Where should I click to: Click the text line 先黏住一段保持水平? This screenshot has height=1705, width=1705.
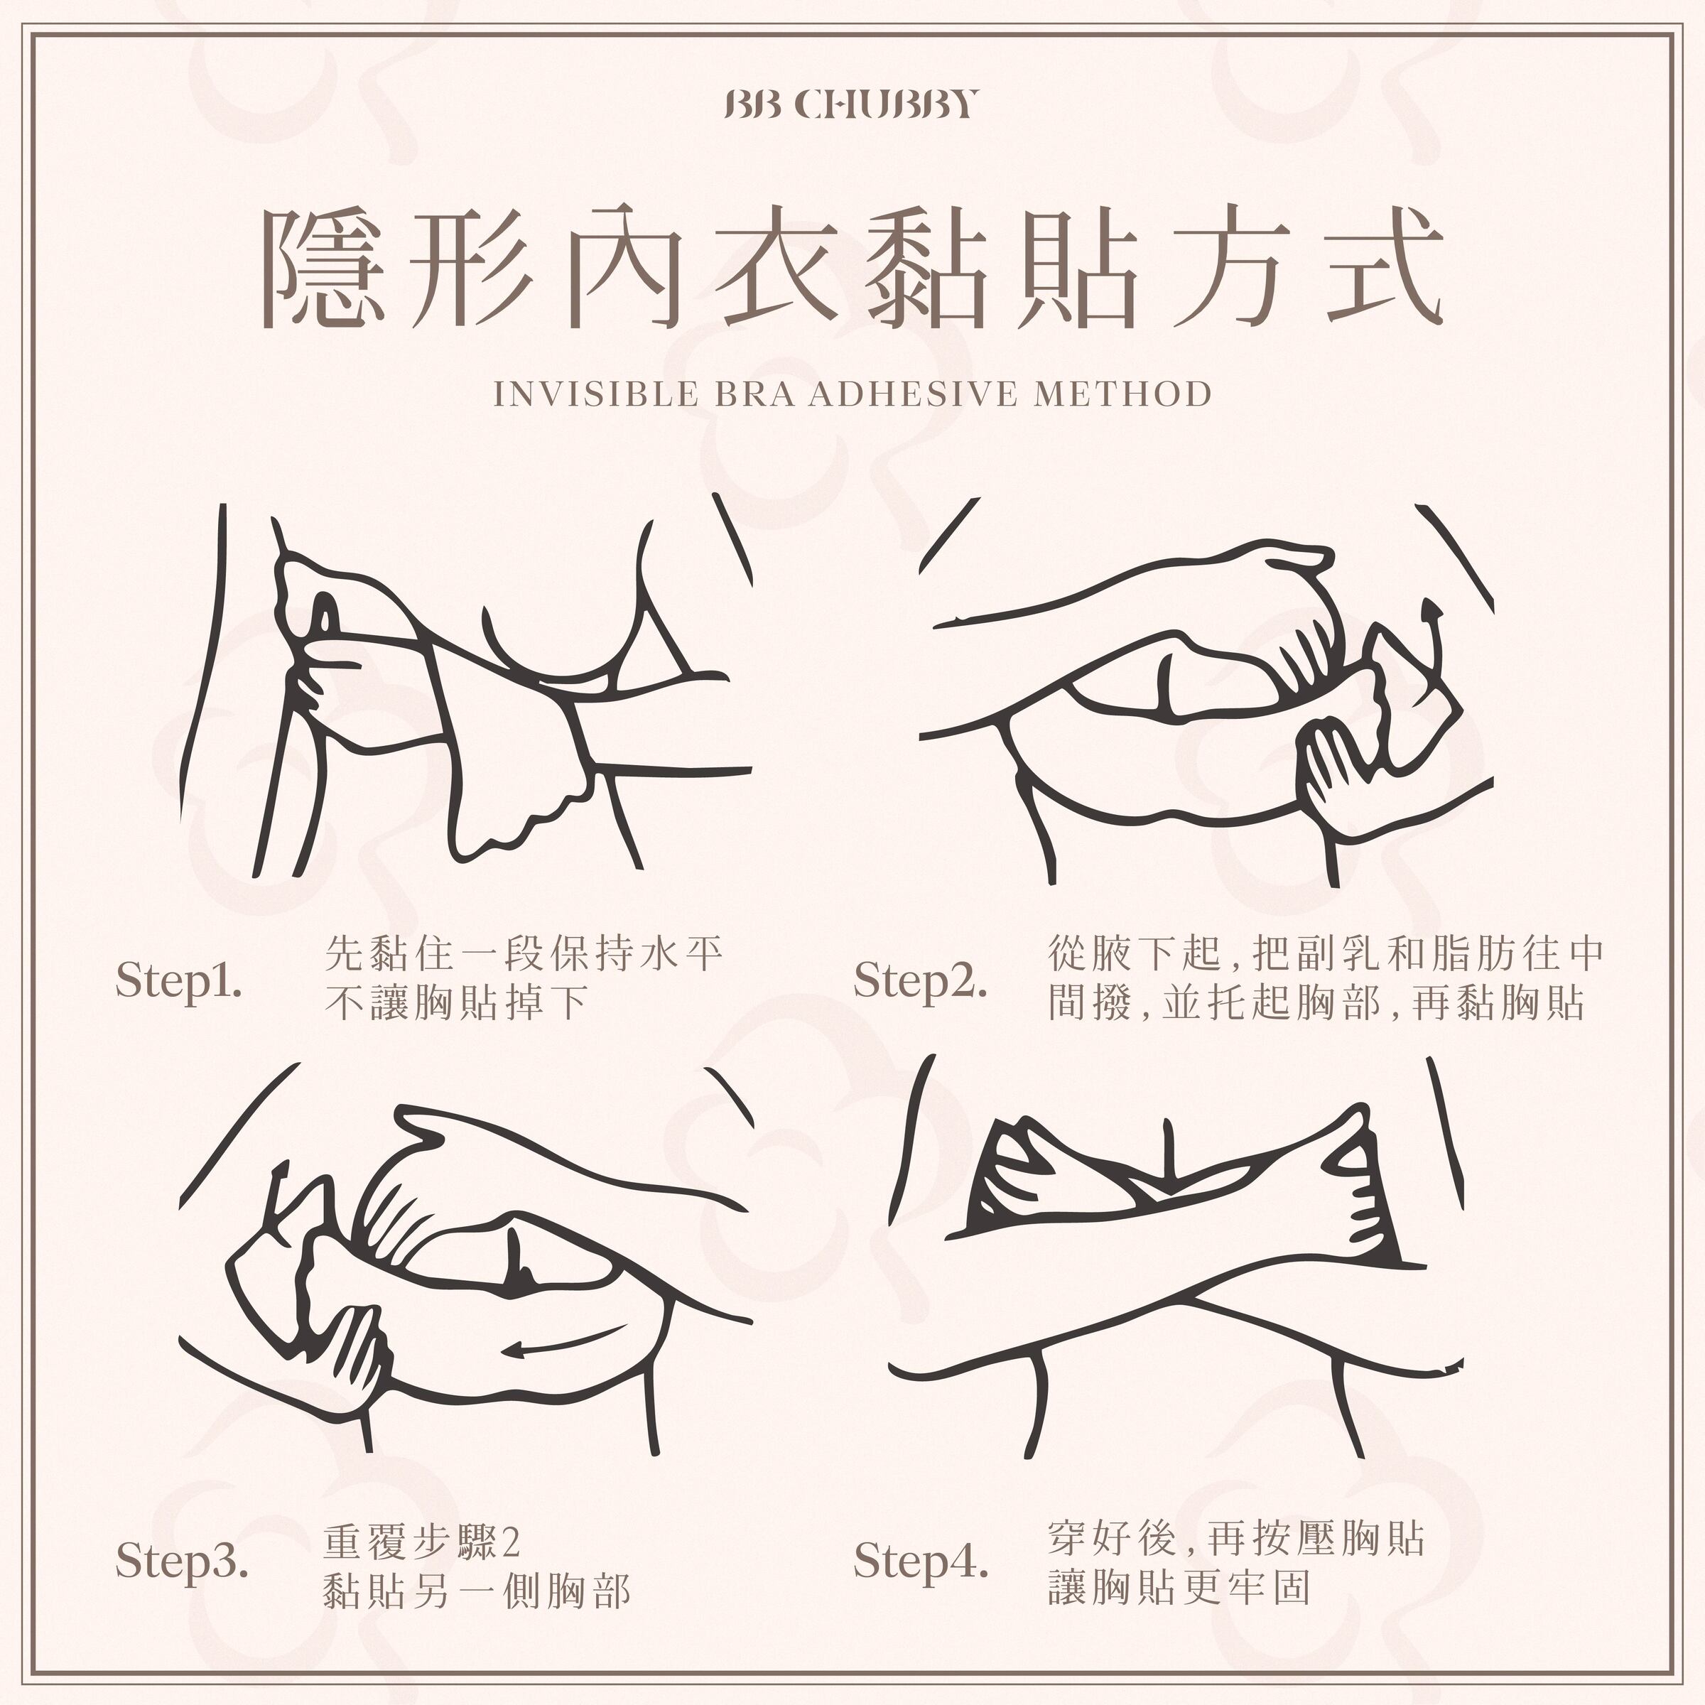tap(524, 954)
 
